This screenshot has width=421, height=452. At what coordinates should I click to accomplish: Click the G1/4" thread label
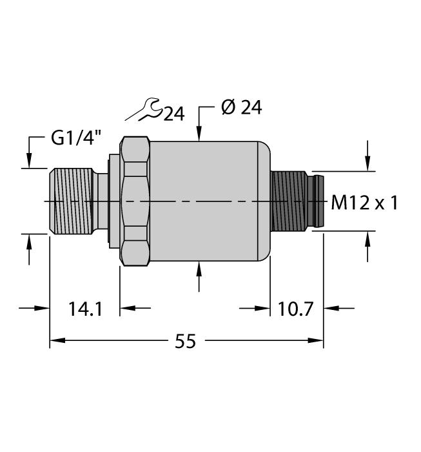point(74,138)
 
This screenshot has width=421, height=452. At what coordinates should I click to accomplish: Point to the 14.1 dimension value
point(84,309)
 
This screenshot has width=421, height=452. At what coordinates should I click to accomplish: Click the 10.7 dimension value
point(296,309)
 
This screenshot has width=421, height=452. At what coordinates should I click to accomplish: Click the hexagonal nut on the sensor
point(135,201)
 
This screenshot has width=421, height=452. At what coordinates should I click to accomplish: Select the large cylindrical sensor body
point(205,201)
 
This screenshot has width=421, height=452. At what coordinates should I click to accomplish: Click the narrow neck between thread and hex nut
point(102,201)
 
